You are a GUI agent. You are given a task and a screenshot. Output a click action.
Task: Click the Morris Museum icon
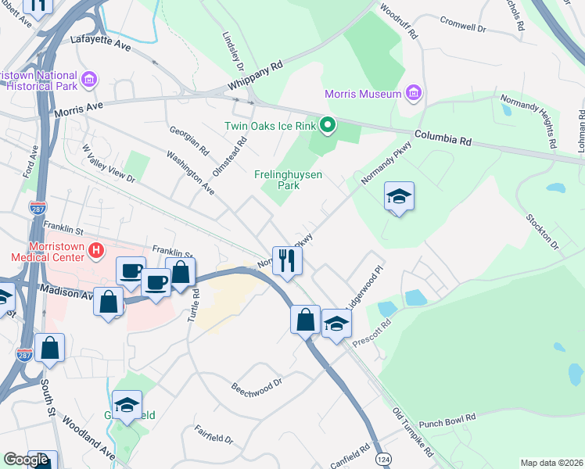[x=414, y=95]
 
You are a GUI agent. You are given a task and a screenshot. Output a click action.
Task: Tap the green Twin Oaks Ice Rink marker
[x=328, y=125]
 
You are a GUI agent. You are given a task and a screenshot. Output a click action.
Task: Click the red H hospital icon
[x=95, y=250]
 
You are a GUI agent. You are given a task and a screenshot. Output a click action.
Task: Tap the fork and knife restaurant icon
[x=286, y=260]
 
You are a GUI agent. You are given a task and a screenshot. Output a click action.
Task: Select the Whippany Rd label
[x=255, y=76]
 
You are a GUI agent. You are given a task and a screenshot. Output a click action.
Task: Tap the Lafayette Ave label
[x=100, y=41]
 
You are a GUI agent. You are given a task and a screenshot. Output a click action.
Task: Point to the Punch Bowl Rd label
[x=447, y=422]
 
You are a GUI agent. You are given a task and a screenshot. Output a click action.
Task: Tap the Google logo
[x=27, y=460]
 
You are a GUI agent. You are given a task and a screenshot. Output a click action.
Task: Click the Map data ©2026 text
[x=551, y=463]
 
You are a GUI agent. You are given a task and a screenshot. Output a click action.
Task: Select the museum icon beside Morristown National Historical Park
[x=88, y=80]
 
